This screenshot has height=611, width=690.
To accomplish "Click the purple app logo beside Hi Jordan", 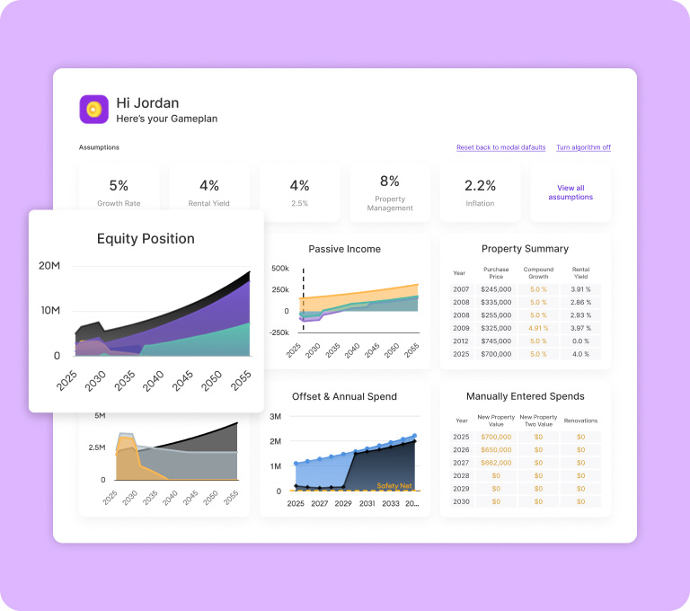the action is (93, 109).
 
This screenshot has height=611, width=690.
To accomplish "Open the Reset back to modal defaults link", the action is (500, 147).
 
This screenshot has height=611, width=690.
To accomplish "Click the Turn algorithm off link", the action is (583, 147).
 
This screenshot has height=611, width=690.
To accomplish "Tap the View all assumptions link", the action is (571, 192).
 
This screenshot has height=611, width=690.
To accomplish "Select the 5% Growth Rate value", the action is (119, 185).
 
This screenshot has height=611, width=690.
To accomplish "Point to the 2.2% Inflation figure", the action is (480, 185).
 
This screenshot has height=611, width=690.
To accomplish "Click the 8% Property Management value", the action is (390, 181).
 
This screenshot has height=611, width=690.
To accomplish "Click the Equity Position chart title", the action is (146, 239).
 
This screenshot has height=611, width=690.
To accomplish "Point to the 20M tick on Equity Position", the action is (49, 265).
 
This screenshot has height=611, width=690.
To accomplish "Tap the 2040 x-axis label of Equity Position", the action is (153, 381).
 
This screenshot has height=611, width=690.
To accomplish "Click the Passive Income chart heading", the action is (345, 249).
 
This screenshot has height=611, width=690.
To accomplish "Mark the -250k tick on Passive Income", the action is (279, 332).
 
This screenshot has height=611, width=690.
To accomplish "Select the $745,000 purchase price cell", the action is (496, 341).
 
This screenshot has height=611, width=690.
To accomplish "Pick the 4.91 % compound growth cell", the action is (538, 328).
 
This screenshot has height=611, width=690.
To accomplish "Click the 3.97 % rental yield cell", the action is (581, 328).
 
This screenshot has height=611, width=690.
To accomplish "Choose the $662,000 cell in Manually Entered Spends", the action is (496, 463).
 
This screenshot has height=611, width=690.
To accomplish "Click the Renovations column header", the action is (581, 421).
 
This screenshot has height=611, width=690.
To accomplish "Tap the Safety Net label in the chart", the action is (394, 485).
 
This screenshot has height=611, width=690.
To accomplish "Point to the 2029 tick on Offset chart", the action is (343, 503).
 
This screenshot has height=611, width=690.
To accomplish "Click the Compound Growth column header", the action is (538, 273).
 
